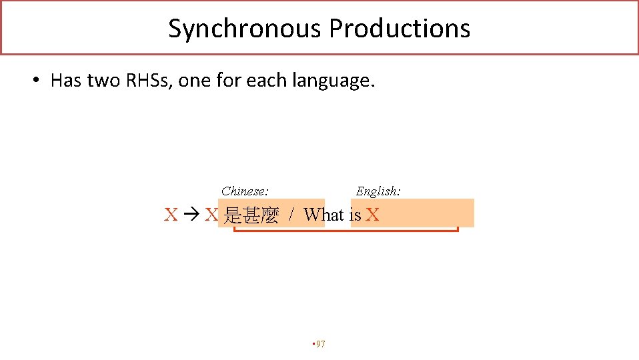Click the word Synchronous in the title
244,29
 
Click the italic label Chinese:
245,191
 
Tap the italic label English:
378,191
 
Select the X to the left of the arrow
171,215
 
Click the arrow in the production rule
191,215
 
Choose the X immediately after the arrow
211,215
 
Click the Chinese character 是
233,215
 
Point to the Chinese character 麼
269,215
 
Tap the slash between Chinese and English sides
291,215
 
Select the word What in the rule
324,215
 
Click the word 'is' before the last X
355,215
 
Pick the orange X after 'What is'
372,215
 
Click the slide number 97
320,344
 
